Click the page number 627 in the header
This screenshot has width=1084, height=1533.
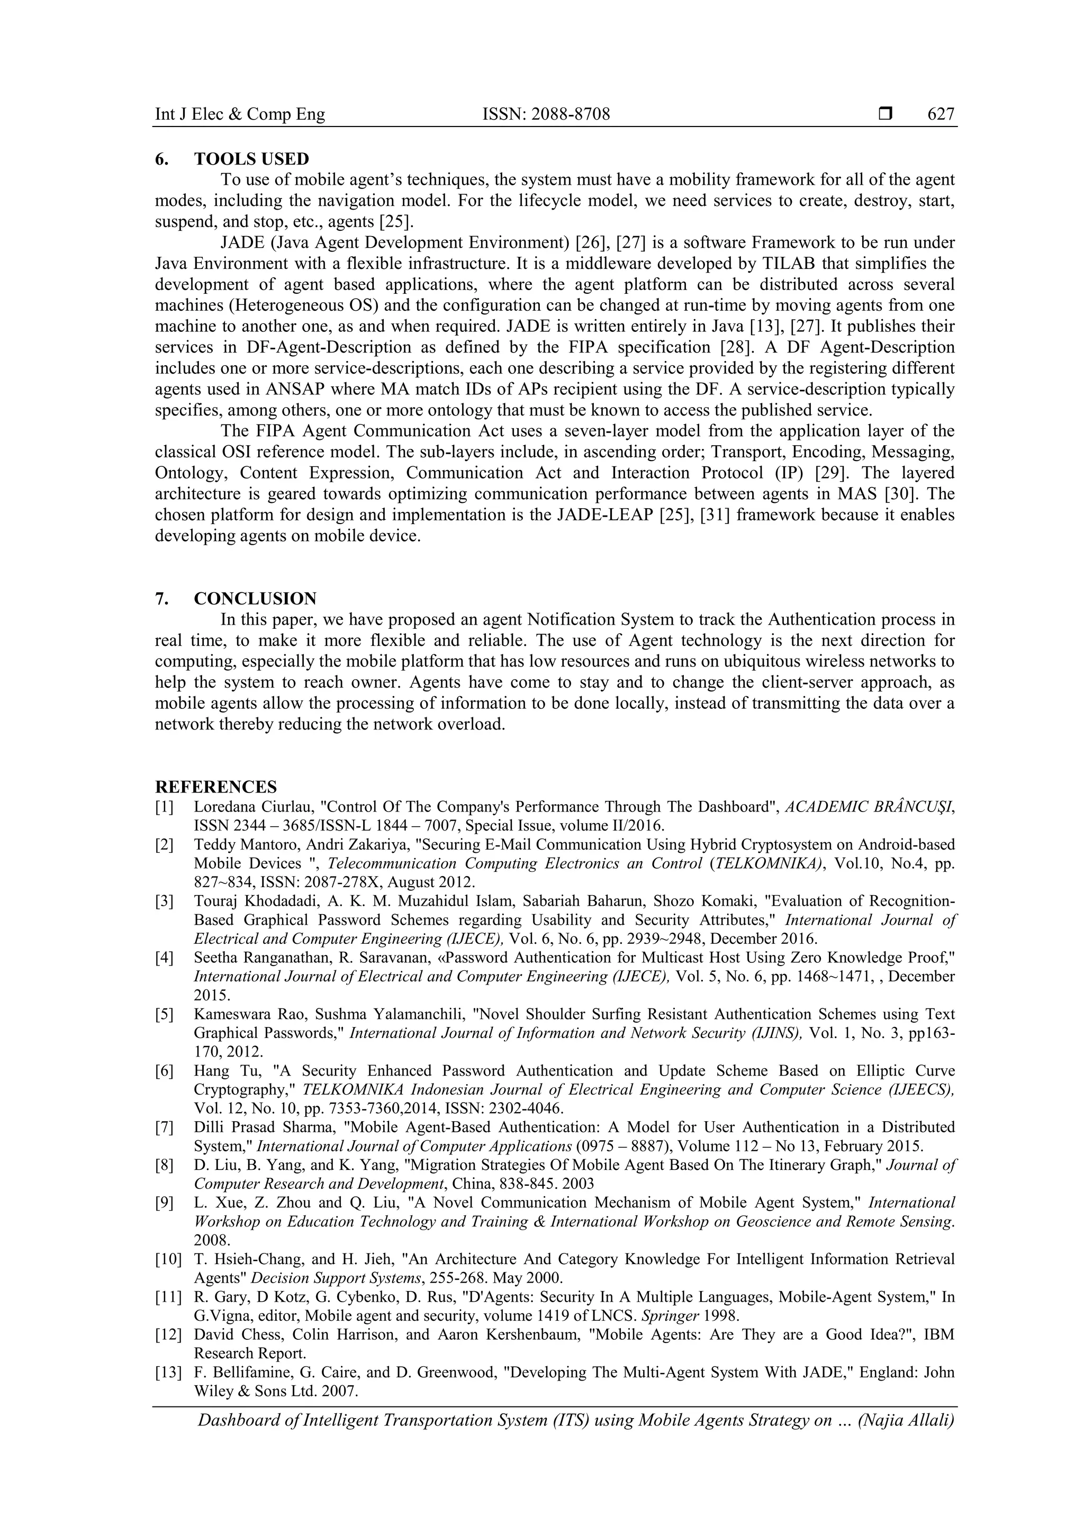coord(941,115)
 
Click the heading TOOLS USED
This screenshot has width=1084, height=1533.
coord(251,159)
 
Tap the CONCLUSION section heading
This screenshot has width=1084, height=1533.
coord(255,598)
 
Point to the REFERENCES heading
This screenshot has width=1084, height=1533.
coord(215,787)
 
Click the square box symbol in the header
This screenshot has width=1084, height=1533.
coord(885,114)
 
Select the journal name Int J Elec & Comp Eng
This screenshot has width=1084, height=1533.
coord(240,115)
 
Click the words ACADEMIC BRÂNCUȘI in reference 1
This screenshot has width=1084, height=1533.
coord(869,807)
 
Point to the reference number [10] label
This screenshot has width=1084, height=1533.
coord(168,1259)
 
